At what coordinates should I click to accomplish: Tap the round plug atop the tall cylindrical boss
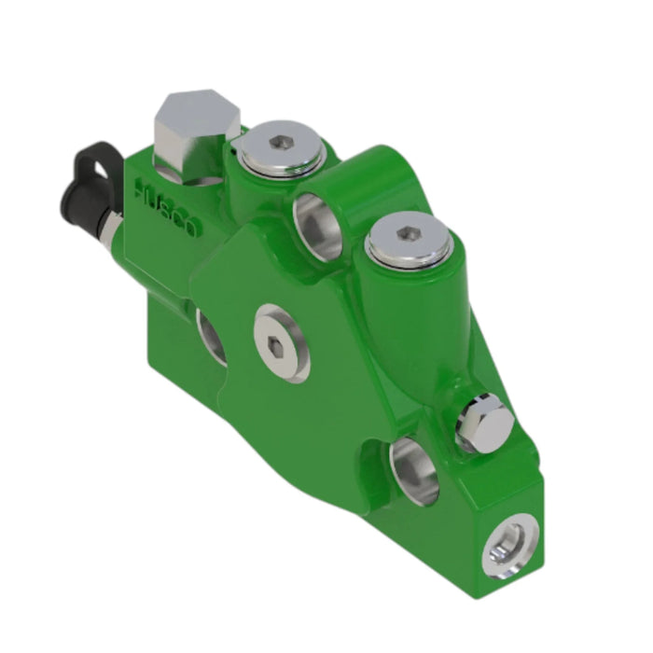(409, 241)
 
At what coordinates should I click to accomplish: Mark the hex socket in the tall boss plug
(409, 233)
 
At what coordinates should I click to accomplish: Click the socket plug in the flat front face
(283, 342)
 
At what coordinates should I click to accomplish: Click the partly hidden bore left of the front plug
(211, 336)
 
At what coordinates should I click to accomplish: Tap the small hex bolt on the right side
(483, 424)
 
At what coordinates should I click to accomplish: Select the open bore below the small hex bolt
(413, 471)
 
